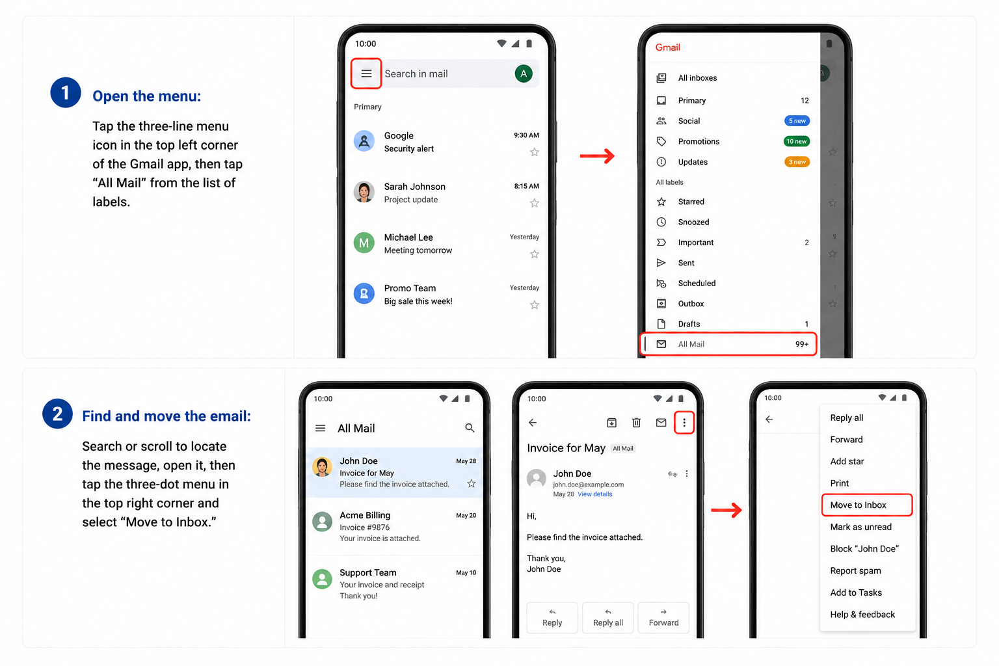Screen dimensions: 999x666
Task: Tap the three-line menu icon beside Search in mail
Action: [366, 73]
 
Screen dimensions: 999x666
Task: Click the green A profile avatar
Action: [524, 73]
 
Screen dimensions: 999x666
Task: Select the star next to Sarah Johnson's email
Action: [534, 204]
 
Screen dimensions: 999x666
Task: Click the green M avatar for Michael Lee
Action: [364, 243]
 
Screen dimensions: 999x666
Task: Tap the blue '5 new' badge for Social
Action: [797, 121]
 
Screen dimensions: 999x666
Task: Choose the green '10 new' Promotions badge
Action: [797, 141]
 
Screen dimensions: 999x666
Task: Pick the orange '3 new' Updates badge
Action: [797, 162]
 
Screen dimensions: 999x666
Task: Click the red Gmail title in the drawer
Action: [668, 47]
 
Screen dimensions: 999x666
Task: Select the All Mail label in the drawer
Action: [691, 344]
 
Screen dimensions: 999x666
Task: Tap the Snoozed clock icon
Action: [661, 222]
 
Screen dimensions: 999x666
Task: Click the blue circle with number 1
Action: [66, 93]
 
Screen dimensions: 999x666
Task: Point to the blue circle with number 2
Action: [57, 414]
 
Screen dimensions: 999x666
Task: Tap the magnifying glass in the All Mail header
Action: [470, 428]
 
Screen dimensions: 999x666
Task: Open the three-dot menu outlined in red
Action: [684, 423]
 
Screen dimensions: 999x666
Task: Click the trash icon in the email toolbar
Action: [637, 423]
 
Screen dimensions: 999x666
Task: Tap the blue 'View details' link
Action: [595, 494]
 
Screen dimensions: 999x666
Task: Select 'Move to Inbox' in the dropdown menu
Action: [858, 505]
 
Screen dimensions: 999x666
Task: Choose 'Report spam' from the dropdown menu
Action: [855, 570]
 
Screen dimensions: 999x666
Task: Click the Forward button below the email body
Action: [663, 618]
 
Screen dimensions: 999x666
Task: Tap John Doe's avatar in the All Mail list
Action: [322, 467]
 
